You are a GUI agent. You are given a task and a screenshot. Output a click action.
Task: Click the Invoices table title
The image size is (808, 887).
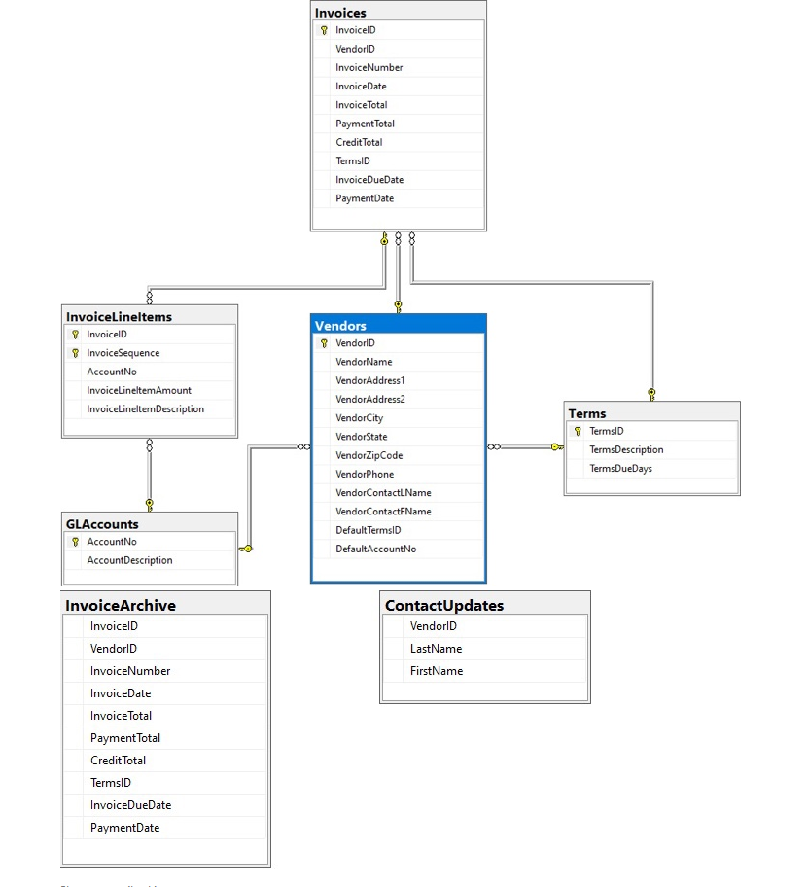340,13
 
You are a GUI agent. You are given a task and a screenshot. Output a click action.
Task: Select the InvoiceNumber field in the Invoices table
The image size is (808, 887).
369,68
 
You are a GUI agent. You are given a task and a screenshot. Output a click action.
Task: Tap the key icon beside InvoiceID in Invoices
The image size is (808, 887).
324,31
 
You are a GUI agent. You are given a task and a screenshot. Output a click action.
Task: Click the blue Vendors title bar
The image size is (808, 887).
340,325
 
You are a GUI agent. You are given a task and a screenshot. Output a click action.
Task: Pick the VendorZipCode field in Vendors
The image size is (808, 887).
369,456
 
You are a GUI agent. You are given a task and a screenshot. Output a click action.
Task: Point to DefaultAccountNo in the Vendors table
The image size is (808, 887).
375,550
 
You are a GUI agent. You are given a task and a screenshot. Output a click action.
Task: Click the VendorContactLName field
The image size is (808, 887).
383,493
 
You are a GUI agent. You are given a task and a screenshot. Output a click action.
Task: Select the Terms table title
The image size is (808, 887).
587,413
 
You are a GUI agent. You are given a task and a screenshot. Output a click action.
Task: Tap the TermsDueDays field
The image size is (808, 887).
620,469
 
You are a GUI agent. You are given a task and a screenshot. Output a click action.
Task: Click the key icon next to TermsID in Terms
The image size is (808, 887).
578,431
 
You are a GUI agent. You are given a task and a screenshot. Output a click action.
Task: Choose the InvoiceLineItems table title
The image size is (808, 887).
119,317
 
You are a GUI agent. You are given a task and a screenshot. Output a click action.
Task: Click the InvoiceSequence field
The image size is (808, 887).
123,353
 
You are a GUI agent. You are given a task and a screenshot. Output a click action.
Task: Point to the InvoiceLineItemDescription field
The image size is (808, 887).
145,409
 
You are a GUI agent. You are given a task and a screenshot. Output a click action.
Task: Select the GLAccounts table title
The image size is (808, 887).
102,524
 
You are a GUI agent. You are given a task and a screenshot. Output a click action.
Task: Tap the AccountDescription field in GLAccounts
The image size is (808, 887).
129,560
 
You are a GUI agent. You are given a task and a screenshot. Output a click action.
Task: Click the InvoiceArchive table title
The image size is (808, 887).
121,605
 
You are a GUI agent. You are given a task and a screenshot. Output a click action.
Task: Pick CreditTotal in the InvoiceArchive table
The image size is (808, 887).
118,761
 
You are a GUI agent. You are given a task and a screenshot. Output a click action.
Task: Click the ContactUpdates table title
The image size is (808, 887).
444,605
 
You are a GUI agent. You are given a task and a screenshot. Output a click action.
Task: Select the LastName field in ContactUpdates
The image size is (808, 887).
436,649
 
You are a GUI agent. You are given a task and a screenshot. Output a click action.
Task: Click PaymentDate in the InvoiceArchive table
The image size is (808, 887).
124,828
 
